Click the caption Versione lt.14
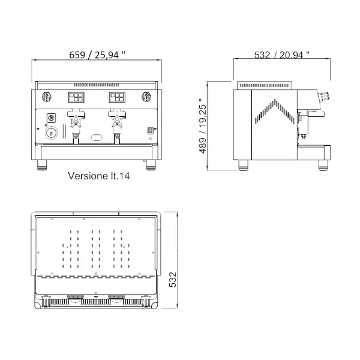(100, 177)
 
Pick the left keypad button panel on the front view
(77, 97)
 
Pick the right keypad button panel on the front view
(117, 97)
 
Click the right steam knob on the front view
(146, 96)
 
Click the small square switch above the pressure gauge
(51, 117)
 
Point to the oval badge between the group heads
(97, 138)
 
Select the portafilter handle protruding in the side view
(316, 112)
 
